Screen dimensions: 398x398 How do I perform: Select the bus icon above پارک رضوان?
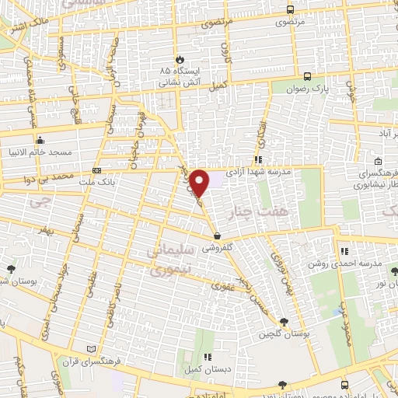coord(308,76)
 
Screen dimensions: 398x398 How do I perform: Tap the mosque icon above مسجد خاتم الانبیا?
coord(40,141)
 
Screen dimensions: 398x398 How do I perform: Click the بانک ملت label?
coord(99,183)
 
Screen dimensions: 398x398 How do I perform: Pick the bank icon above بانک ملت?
coord(96,170)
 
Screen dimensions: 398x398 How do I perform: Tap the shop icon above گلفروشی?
coord(216,236)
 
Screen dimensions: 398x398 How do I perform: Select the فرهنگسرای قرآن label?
coord(92,362)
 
